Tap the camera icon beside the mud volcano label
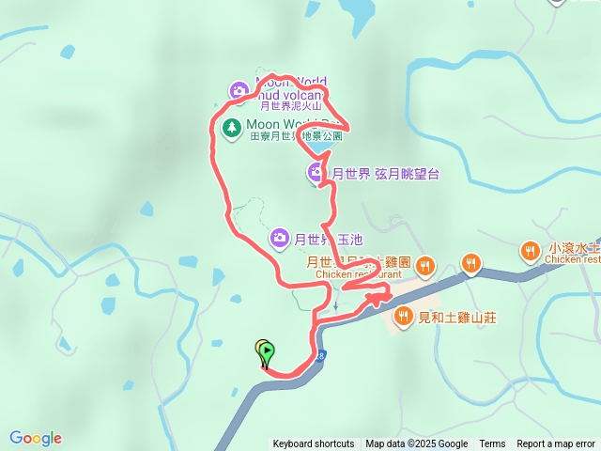tap(239, 91)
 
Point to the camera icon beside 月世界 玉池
tap(279, 239)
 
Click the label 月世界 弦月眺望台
tap(385, 174)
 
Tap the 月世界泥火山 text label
tap(292, 107)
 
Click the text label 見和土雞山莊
tap(458, 318)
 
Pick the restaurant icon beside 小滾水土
tap(530, 251)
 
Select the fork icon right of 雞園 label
tap(425, 266)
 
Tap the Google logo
tap(36, 438)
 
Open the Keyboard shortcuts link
tap(314, 444)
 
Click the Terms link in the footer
tap(492, 444)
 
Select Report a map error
tap(556, 444)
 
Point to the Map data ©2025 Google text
tap(417, 444)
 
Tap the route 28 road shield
tap(322, 356)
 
